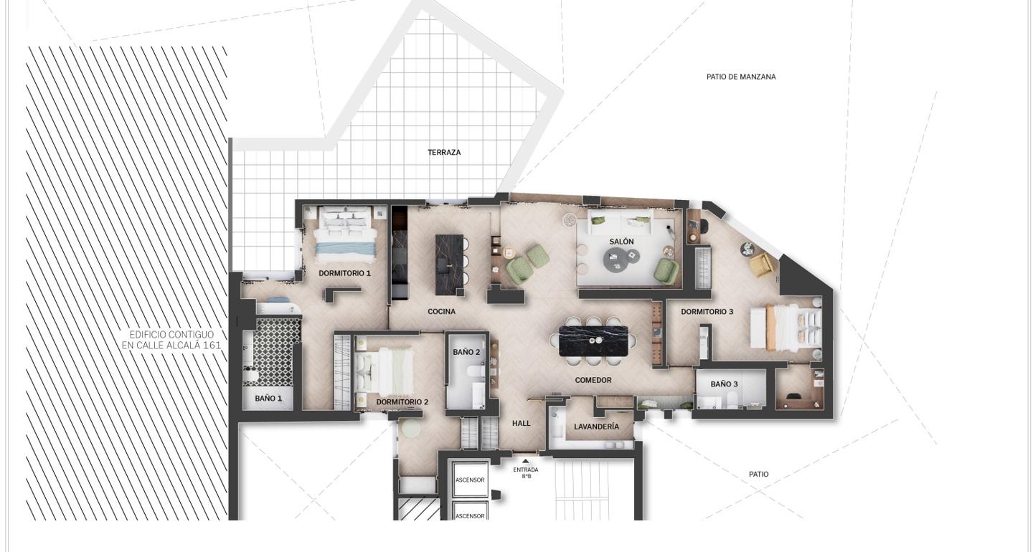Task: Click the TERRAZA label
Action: click(x=444, y=152)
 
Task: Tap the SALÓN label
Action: click(x=621, y=242)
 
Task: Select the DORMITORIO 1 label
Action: click(x=344, y=273)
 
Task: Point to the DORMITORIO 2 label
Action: click(x=402, y=402)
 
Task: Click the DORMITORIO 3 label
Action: click(x=707, y=312)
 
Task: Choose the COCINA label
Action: click(x=441, y=312)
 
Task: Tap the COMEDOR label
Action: click(x=593, y=380)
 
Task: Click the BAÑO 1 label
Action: click(x=268, y=399)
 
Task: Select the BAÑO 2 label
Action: click(x=466, y=352)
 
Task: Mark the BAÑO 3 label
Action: click(x=724, y=384)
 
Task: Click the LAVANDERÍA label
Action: click(x=596, y=427)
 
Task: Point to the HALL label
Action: click(x=522, y=424)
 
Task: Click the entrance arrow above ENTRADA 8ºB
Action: click(x=526, y=462)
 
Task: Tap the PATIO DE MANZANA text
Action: click(x=740, y=77)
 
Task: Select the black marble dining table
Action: click(x=593, y=341)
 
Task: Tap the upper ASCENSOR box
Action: click(x=470, y=480)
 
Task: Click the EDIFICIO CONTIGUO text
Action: click(x=171, y=340)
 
